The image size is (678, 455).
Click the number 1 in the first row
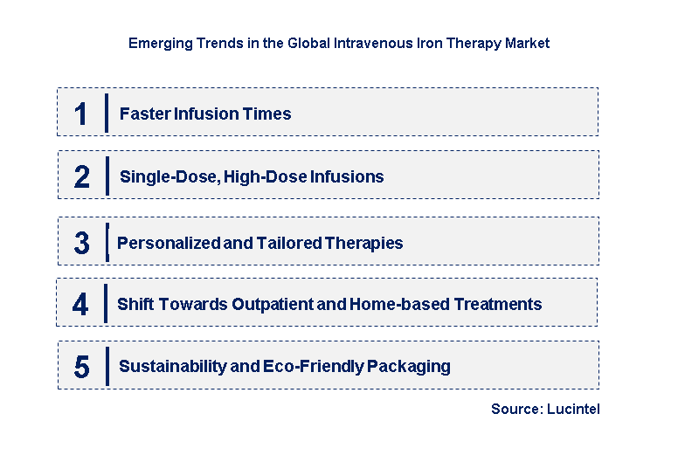81,114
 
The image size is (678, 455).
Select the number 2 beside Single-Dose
81,177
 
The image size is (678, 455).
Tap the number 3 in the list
81,244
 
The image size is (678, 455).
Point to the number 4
80,305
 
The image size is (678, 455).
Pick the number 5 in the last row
81,367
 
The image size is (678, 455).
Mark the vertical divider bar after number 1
106,114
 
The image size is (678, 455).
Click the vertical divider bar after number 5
107,367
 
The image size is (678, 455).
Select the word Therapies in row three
366,244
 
